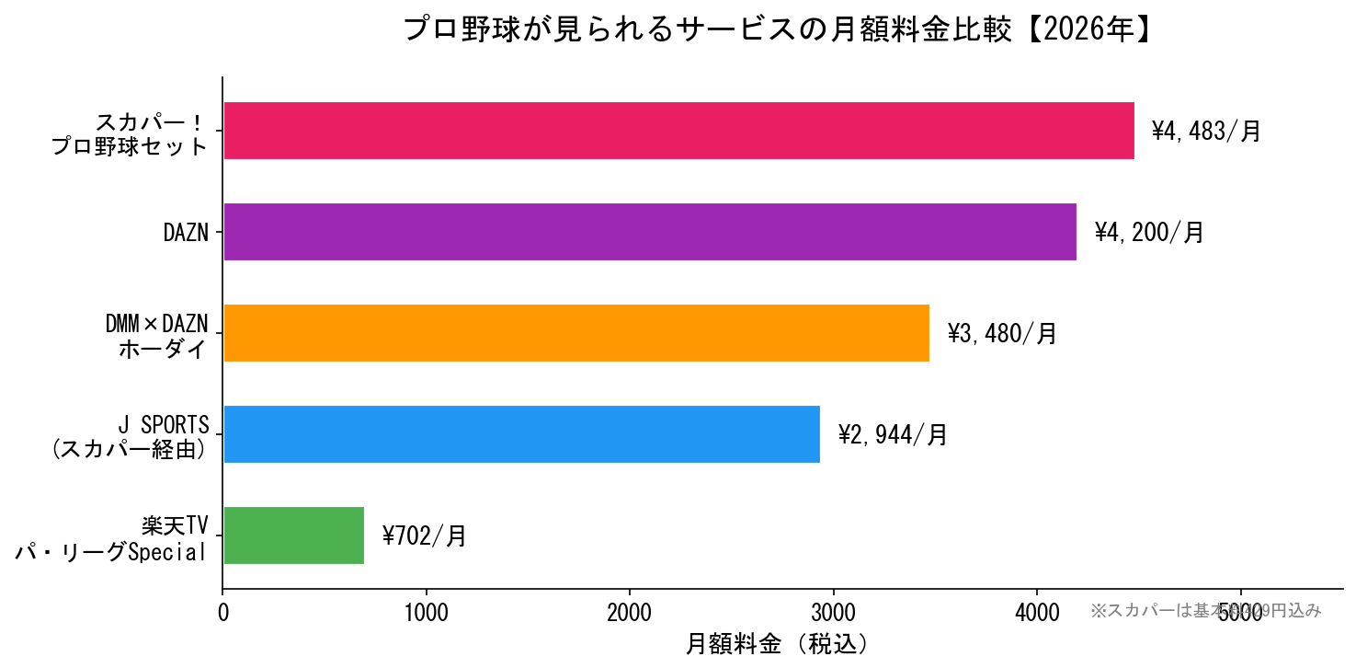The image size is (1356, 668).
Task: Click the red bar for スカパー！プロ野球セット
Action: [678, 131]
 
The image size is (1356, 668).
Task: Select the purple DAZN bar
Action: [649, 232]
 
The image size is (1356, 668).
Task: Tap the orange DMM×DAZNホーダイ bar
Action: [575, 333]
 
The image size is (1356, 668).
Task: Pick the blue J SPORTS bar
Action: [521, 434]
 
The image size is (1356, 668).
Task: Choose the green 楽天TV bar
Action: [293, 536]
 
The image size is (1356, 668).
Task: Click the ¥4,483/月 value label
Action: [1206, 132]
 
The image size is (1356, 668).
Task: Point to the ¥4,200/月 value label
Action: [1148, 233]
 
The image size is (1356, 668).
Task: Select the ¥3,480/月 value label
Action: [1002, 334]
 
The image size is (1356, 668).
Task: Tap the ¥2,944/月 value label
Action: [892, 435]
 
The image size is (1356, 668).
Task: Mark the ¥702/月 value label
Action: [424, 536]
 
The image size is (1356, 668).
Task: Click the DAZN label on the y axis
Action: [186, 233]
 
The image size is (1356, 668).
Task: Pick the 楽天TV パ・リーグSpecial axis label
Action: [111, 538]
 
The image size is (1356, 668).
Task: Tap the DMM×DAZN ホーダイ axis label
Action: [156, 336]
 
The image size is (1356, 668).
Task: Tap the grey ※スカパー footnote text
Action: [1205, 610]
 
